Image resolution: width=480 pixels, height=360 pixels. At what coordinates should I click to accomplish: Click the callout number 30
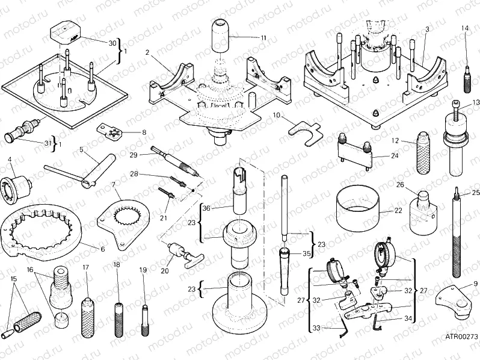pyautogui.click(x=112, y=43)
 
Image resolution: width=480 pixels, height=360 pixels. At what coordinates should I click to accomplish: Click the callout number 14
pyautogui.click(x=465, y=28)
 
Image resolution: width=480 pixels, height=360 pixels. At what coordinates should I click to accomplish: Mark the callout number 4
pyautogui.click(x=10, y=160)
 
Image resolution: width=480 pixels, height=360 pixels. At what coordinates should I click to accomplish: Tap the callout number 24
pyautogui.click(x=394, y=155)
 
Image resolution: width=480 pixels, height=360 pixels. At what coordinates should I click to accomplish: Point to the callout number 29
pyautogui.click(x=134, y=155)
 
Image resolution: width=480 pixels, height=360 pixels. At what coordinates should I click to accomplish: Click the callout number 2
pyautogui.click(x=147, y=52)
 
